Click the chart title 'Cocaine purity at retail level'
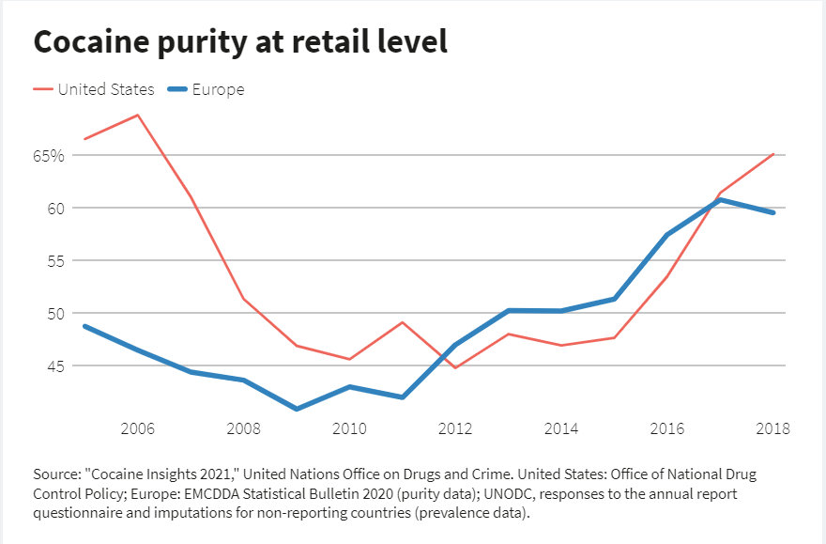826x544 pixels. tap(239, 42)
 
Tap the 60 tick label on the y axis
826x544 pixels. tap(55, 209)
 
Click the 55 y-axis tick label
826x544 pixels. tap(55, 261)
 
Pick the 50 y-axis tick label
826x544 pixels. tap(55, 314)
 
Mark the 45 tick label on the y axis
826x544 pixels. tap(55, 366)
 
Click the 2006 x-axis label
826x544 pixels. tap(138, 429)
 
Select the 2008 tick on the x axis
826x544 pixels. tap(244, 429)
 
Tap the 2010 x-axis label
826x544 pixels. tap(349, 429)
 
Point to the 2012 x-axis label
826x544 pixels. tap(455, 429)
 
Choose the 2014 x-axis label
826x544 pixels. tap(561, 429)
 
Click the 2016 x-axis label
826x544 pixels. tap(667, 429)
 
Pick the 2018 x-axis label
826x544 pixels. tap(772, 429)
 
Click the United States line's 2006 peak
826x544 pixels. tap(138, 116)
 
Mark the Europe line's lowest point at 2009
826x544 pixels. tap(297, 409)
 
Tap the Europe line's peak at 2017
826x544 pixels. tap(720, 200)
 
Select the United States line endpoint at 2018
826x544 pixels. tap(773, 154)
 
